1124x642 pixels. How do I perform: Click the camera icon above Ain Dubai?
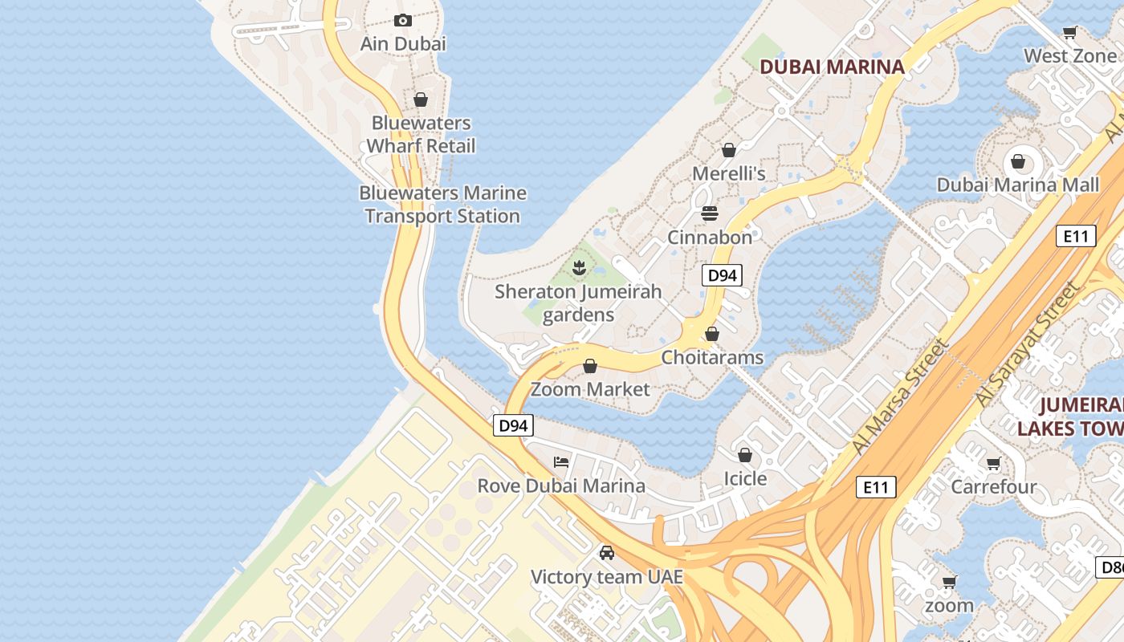pos(403,20)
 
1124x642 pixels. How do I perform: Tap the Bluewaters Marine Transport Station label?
pos(442,205)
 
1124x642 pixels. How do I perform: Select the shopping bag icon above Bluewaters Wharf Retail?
pos(421,100)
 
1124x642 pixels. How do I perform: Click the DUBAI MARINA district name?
pos(832,67)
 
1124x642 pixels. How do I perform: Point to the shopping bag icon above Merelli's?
pos(729,150)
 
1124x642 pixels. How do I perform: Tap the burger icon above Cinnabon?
pos(710,213)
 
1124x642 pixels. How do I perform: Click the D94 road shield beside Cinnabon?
pos(722,275)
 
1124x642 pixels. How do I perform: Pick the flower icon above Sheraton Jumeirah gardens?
pos(578,267)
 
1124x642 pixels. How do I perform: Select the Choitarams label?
pos(712,357)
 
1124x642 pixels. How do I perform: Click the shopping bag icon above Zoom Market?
pos(590,366)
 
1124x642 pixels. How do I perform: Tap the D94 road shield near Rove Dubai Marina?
pos(512,425)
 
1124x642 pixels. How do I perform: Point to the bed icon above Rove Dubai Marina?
pos(561,462)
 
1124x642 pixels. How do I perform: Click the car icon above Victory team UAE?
pos(607,553)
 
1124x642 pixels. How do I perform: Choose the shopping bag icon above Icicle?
pos(745,455)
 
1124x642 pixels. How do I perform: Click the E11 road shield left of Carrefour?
pos(875,486)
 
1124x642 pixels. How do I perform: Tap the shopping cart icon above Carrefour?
pos(994,463)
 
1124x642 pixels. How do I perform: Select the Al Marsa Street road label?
pos(902,396)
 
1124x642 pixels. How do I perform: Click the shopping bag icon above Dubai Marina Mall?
pos(1018,161)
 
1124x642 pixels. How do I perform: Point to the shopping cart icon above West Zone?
pos(1069,33)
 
